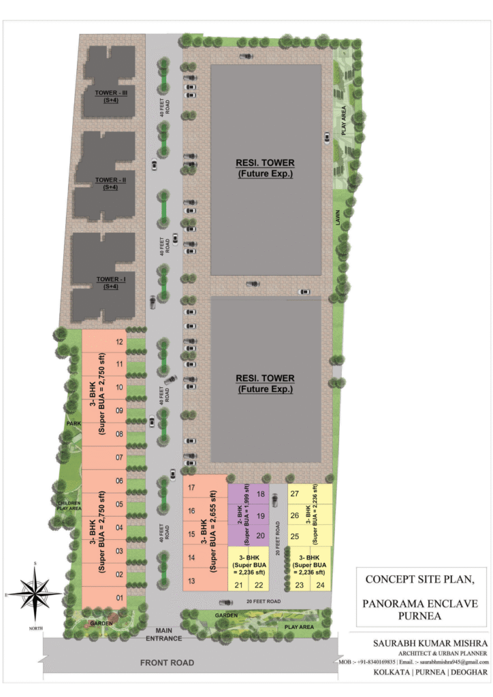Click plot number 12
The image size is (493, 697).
click(x=120, y=342)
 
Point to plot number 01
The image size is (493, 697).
click(x=119, y=598)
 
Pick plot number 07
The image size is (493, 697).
click(x=119, y=457)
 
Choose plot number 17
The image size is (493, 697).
click(x=192, y=487)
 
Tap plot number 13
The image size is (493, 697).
click(x=192, y=581)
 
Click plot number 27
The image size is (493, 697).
click(x=295, y=493)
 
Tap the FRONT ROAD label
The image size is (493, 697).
click(x=168, y=662)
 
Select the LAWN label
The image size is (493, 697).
click(x=337, y=218)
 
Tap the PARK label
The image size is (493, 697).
click(x=74, y=423)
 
